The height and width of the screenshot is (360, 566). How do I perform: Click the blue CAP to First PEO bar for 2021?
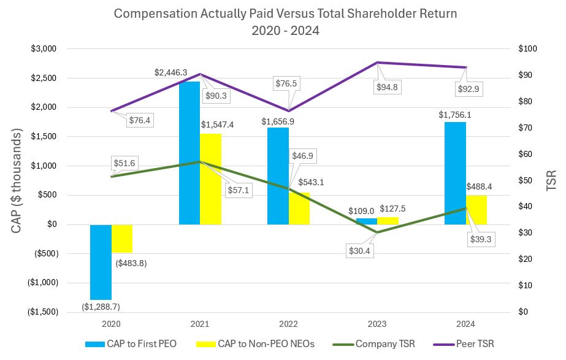[x=189, y=153]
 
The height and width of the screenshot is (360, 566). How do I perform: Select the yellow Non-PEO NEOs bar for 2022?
[x=299, y=209]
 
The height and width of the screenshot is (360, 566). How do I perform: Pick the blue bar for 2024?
[x=454, y=173]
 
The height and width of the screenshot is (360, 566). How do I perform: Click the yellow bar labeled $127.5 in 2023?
[x=388, y=221]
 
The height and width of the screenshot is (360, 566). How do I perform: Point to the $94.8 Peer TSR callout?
[x=387, y=87]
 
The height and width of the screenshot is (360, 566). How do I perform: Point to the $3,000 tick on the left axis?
[x=44, y=49]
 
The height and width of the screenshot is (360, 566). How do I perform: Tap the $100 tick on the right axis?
[x=527, y=49]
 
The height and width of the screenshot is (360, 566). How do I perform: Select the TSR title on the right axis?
[x=550, y=180]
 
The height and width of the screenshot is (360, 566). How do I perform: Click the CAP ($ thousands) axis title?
[x=16, y=180]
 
